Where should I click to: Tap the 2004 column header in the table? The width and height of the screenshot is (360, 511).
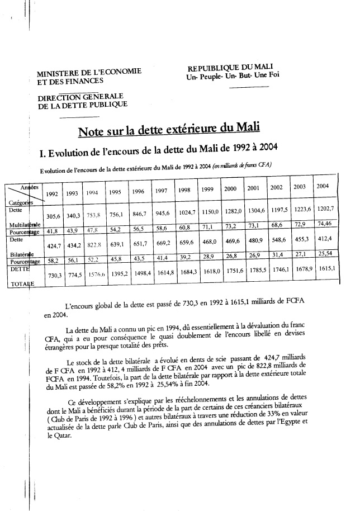tap(322, 186)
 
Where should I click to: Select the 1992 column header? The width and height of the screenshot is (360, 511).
tap(53, 193)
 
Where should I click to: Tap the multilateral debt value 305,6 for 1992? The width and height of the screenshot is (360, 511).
tap(53, 216)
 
